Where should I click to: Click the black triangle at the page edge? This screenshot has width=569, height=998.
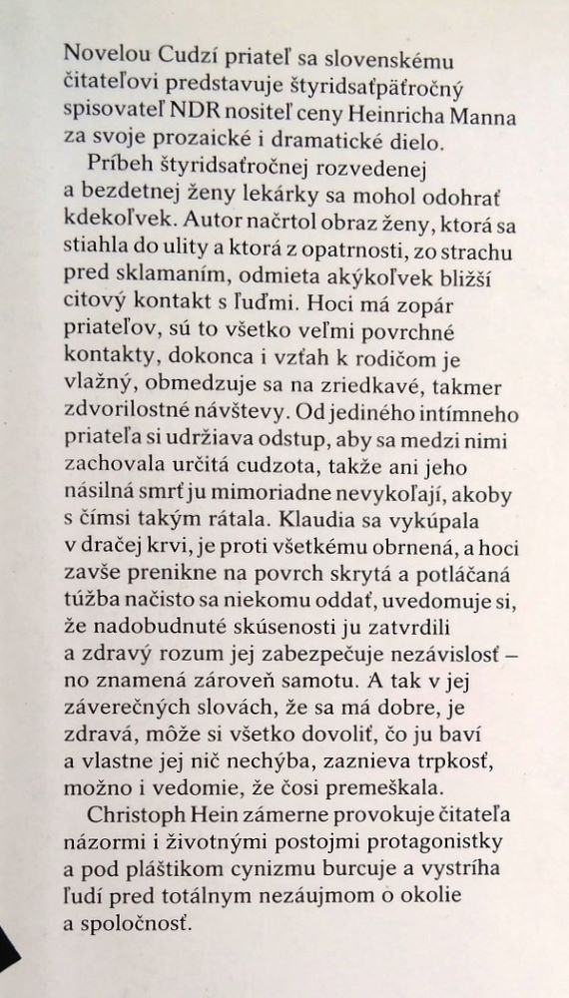(10, 953)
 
